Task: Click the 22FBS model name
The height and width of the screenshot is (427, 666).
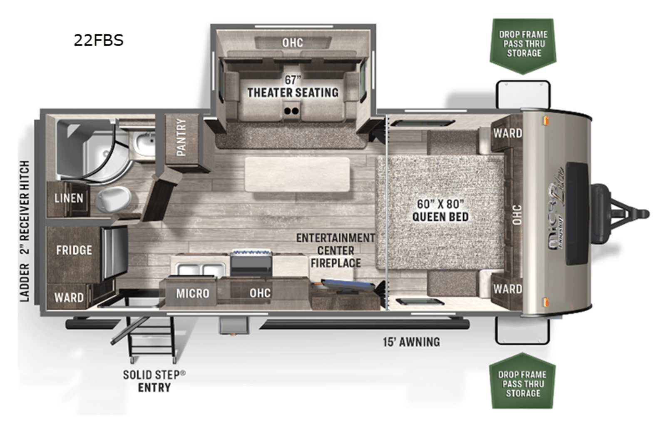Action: [x=98, y=40]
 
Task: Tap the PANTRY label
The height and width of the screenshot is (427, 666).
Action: [x=181, y=137]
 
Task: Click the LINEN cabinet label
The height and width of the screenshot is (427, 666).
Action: [x=69, y=198]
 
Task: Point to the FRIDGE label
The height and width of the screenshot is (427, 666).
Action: [x=74, y=250]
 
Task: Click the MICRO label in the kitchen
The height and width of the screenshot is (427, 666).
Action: [x=193, y=293]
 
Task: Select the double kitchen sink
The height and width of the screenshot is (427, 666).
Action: [x=201, y=270]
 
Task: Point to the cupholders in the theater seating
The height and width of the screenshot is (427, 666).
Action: [x=291, y=111]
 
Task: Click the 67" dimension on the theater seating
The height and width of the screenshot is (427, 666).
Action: [x=293, y=80]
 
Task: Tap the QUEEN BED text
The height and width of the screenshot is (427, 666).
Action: [x=440, y=217]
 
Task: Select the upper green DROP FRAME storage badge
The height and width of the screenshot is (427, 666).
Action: [x=523, y=46]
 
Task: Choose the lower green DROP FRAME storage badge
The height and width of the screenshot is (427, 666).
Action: [x=522, y=381]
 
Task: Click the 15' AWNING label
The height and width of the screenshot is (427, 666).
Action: [x=411, y=342]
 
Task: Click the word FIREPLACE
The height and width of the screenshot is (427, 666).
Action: [x=335, y=263]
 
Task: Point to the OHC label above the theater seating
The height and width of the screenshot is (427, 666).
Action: [x=293, y=43]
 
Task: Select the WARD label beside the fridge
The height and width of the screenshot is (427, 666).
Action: [x=69, y=297]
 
